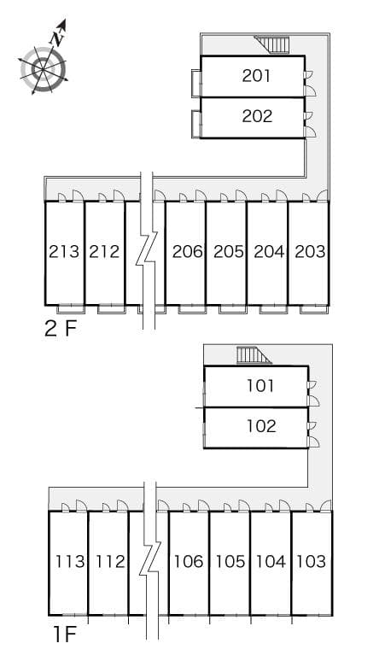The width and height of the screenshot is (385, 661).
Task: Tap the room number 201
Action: point(257,76)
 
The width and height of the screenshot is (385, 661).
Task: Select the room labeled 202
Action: point(257,116)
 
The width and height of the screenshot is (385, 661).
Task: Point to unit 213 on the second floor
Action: point(64,252)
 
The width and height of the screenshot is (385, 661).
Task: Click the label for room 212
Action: point(104,252)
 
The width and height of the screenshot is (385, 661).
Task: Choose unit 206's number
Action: point(187,252)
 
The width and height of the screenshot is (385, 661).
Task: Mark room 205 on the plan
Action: point(228,252)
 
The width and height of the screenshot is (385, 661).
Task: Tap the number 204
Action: point(268,252)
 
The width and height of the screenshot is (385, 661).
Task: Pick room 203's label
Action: point(309,252)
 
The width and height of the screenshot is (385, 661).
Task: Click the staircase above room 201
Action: point(273,44)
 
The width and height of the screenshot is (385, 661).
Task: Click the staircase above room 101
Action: point(253,355)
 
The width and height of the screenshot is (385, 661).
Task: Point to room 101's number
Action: point(260,386)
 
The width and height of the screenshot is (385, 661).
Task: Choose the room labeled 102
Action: point(260,426)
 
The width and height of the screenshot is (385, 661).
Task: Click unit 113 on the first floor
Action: point(69,562)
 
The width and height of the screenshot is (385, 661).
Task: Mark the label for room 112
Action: point(108,562)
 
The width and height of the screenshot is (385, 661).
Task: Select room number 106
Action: point(189,562)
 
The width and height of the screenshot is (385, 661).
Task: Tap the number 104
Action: point(271,562)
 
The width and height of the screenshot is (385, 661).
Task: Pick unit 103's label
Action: point(311,562)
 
